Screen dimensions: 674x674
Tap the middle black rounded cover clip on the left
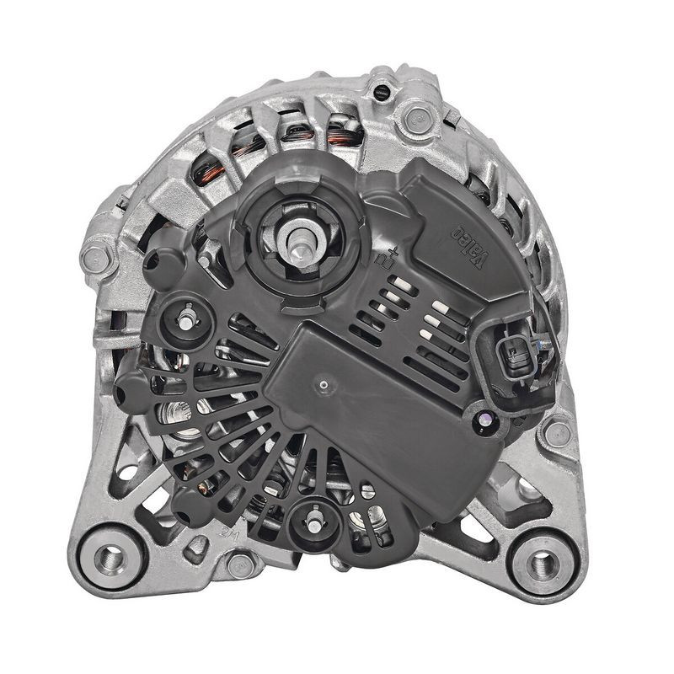pyautogui.click(x=135, y=389)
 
